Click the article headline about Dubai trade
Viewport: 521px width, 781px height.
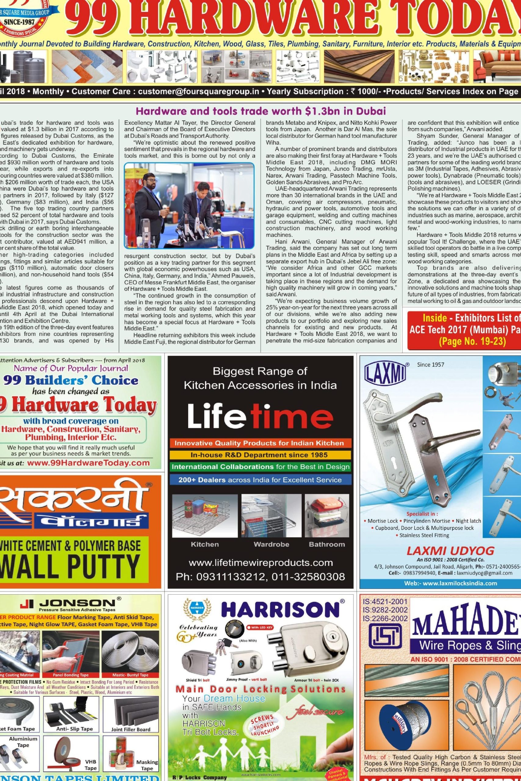pos(261,110)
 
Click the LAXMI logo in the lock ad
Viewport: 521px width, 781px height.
pos(386,372)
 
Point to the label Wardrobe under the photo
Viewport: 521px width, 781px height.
pos(271,544)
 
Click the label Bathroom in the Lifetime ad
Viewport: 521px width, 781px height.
pos(327,544)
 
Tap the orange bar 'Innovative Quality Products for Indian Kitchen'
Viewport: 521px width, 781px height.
pos(260,443)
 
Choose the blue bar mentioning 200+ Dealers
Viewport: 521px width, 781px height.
pos(260,480)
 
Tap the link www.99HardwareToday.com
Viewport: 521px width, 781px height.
pos(88,463)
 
